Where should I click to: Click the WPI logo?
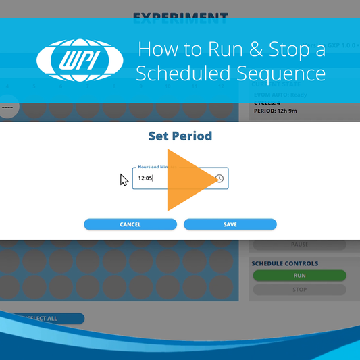(79, 61)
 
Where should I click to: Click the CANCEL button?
(130, 224)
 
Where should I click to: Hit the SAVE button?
(230, 224)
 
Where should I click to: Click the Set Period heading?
(180, 136)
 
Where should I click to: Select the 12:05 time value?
(145, 178)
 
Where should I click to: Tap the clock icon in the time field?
(220, 178)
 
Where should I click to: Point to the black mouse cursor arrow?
(124, 180)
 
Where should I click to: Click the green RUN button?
(299, 276)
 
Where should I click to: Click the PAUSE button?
(299, 245)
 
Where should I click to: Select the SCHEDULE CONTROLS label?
(284, 263)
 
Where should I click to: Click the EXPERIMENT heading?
(180, 17)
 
